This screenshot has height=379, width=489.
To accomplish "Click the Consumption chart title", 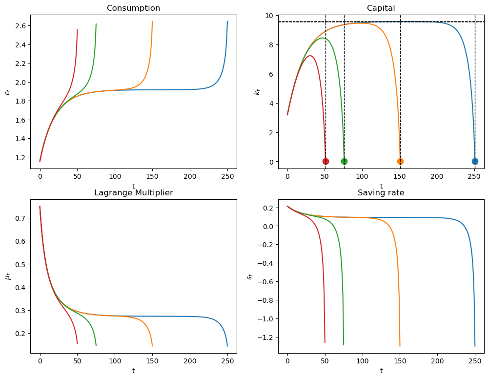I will pyautogui.click(x=133, y=8).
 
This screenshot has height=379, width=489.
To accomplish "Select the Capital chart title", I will pyautogui.click(x=381, y=8).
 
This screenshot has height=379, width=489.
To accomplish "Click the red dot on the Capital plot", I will pyautogui.click(x=326, y=162).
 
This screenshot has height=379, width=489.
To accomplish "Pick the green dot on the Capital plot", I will pyautogui.click(x=344, y=162).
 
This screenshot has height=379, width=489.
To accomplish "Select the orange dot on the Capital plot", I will pyautogui.click(x=400, y=162).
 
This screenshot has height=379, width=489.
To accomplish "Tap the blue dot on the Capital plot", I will pyautogui.click(x=475, y=162).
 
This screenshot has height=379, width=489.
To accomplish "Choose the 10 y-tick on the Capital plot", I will pyautogui.click(x=268, y=16).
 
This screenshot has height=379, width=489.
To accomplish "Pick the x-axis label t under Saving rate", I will pyautogui.click(x=381, y=371).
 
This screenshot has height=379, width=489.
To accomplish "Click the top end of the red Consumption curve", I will pyautogui.click(x=77, y=29).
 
